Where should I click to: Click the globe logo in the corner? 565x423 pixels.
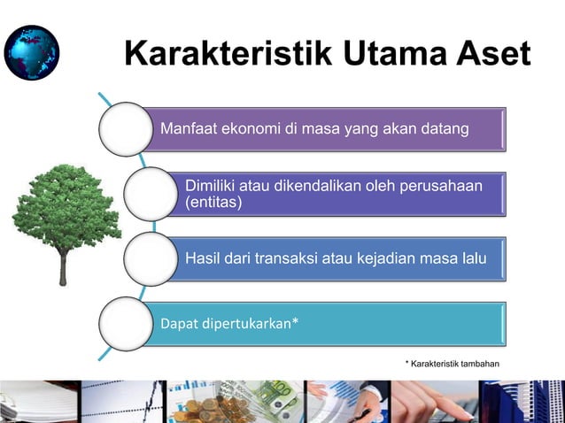point(32,53)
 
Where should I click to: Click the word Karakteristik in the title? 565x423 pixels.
point(228,54)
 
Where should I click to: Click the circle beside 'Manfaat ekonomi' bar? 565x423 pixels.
point(125,129)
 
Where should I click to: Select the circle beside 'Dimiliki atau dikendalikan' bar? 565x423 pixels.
point(151,194)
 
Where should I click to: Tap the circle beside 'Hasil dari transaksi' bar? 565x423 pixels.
point(151,258)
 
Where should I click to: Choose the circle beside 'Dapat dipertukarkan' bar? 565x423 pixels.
point(125,323)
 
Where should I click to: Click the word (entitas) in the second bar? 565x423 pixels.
point(213,203)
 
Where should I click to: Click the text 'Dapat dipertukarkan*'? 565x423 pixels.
point(228,323)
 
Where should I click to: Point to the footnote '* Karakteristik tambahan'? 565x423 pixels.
point(452,364)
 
